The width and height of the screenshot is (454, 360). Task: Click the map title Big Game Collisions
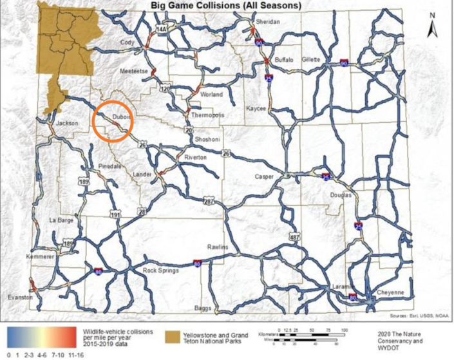click(226, 6)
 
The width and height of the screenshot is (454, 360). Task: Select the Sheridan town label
click(267, 21)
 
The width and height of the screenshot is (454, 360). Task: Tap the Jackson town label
click(67, 122)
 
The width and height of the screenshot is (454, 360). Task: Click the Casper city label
click(264, 176)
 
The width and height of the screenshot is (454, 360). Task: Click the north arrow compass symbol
click(433, 27)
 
